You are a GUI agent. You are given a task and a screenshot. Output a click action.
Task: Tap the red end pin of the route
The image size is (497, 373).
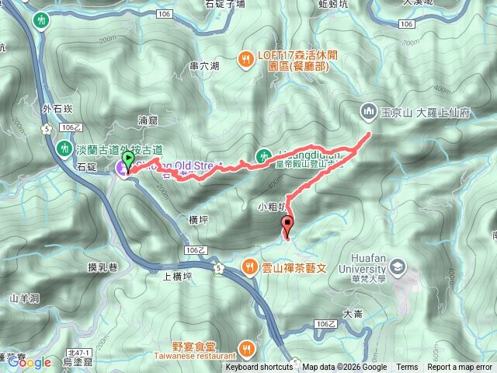pos(289,226)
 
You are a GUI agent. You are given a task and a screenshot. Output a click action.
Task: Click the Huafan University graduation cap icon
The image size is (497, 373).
pos(398,267)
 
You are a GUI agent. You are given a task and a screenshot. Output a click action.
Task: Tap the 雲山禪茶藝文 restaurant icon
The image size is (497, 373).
pos(249,266)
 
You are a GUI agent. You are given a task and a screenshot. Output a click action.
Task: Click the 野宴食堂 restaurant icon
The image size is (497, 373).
pos(246,347)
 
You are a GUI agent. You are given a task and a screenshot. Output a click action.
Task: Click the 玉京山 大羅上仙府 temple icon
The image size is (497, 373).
pos(368,112)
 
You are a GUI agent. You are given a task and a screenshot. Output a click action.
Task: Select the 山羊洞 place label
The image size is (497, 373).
pos(23,298)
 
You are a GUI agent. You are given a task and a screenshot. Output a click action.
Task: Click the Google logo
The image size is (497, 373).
pos(30,362)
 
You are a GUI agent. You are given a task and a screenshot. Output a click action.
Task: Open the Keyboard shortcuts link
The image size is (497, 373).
pos(259,368)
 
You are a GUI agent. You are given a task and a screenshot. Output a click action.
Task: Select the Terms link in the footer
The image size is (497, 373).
pos(407,368)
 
